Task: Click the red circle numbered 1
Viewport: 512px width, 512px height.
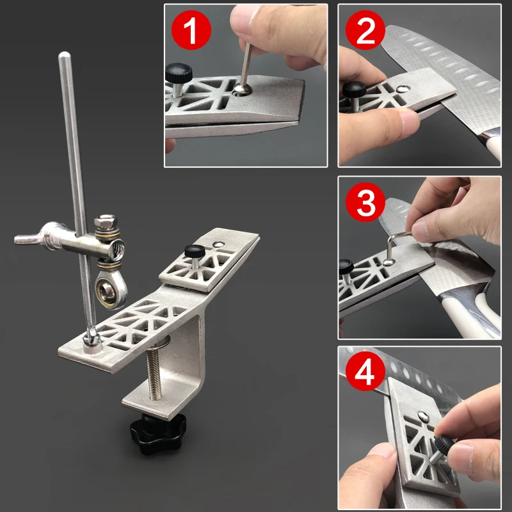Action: (x=191, y=30)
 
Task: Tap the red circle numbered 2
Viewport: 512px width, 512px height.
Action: (x=365, y=30)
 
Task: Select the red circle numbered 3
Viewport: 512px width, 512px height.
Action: (x=365, y=202)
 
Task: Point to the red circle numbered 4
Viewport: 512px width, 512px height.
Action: (x=365, y=371)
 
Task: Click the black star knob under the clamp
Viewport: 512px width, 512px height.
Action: (x=157, y=433)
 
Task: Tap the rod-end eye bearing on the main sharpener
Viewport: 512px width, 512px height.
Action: (x=109, y=291)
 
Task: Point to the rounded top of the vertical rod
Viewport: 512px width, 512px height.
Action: (x=65, y=56)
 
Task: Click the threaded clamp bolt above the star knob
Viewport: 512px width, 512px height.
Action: (x=154, y=372)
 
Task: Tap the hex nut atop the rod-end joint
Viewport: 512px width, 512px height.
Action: (x=106, y=222)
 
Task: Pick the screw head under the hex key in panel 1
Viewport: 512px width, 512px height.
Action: (x=243, y=89)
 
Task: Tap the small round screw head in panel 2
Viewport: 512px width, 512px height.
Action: (x=403, y=88)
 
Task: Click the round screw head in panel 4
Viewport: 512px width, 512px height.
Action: (x=423, y=416)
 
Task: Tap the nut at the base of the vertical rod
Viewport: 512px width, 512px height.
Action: (x=91, y=337)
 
